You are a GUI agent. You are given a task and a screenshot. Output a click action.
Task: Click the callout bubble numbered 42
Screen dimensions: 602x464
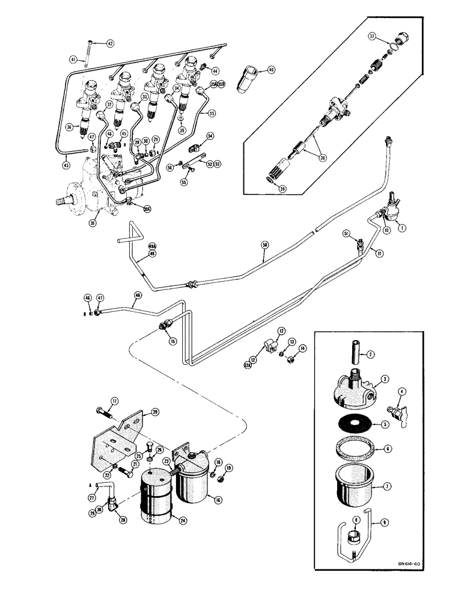(x=109, y=43)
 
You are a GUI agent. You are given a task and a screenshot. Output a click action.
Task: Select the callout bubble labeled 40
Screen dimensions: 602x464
(x=271, y=70)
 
